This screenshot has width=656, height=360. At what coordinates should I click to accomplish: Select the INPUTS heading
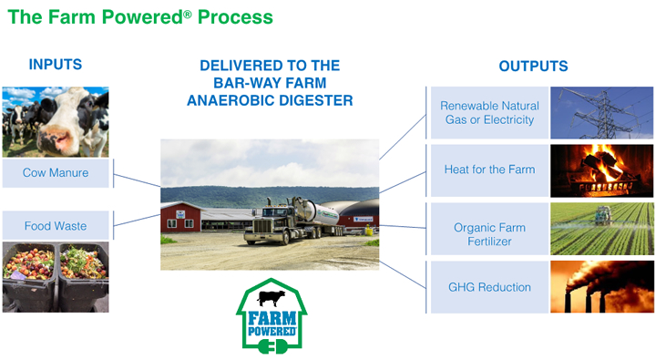[56, 65]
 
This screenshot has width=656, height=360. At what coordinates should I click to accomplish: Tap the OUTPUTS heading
[533, 67]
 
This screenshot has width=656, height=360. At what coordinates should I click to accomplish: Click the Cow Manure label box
[56, 172]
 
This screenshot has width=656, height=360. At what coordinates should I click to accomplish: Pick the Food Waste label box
[56, 224]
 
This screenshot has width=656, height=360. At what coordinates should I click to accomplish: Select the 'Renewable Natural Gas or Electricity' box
[488, 113]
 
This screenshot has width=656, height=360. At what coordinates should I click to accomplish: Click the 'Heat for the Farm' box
[488, 170]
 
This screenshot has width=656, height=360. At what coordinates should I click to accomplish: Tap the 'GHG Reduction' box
[488, 287]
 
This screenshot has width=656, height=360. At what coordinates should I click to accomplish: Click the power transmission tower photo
[601, 113]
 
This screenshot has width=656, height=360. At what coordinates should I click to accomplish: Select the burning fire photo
[601, 170]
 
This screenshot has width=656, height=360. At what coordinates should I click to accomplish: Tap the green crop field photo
[601, 229]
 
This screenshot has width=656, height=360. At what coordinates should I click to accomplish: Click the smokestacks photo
[601, 286]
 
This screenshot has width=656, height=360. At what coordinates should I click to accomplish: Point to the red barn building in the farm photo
[182, 219]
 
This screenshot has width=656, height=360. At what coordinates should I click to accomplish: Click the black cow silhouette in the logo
[271, 298]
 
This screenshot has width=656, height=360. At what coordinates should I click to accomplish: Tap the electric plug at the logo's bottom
[271, 347]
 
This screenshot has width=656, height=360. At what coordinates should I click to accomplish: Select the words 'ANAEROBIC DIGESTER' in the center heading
[270, 101]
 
